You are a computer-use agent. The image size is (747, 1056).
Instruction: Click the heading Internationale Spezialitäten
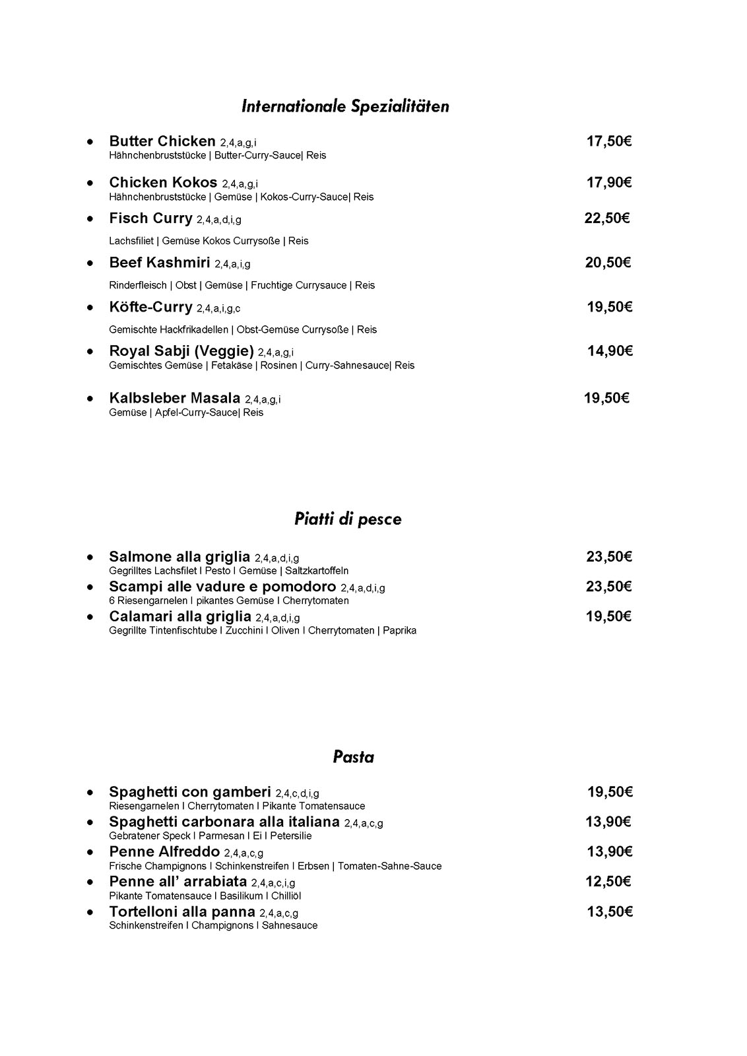345,106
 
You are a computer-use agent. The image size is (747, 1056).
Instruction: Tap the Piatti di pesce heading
348,519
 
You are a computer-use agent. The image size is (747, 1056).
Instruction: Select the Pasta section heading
353,757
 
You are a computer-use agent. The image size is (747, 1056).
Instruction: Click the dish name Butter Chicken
162,141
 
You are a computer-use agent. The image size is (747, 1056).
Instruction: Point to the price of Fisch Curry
607,218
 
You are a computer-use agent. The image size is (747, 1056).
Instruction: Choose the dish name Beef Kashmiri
160,263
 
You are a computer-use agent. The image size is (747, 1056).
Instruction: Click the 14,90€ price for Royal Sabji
610,351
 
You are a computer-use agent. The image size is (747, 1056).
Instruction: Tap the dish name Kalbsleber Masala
175,398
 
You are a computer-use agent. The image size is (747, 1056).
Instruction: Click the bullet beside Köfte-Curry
90,307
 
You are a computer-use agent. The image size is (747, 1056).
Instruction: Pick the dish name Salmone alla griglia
179,556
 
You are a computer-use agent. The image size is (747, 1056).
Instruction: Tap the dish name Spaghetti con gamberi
190,792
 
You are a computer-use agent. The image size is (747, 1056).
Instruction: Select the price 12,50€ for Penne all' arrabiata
608,882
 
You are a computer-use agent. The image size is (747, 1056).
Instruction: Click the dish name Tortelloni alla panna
182,912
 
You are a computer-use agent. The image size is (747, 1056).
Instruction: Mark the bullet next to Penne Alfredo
90,852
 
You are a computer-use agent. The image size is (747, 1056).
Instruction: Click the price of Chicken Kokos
609,183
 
